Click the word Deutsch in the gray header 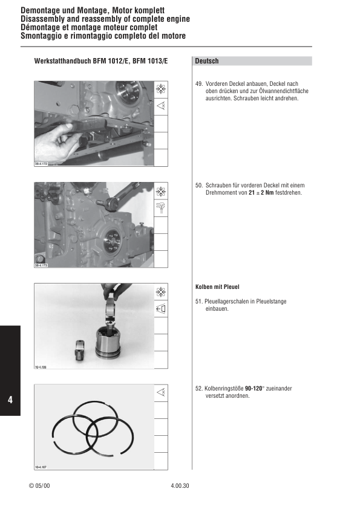tap(207, 61)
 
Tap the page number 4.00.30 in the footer tap(180, 487)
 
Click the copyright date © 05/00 tap(39, 487)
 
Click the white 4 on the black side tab tap(10, 401)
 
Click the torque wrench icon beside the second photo tap(161, 209)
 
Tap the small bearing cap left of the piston tap(80, 350)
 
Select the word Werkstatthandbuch tap(62, 61)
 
